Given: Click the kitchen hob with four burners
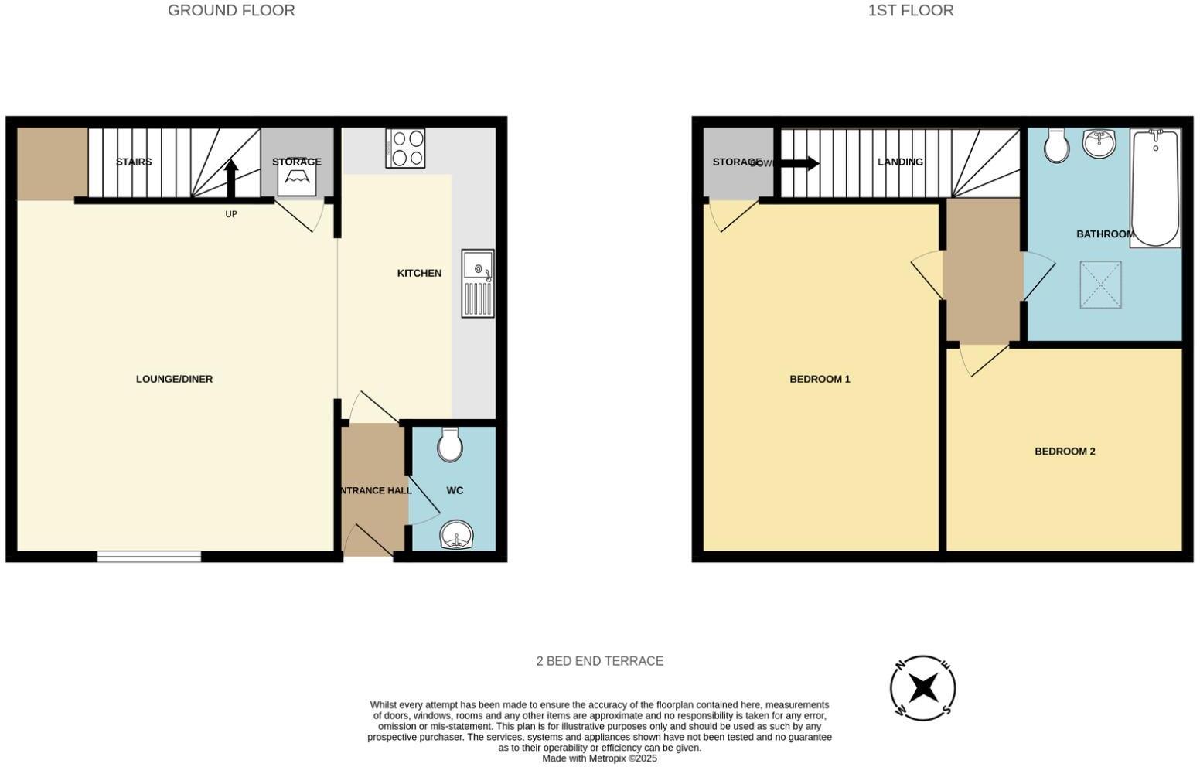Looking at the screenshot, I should tap(405, 148).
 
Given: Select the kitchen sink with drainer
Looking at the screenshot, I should tap(478, 283).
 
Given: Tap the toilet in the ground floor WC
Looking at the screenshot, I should tap(449, 445).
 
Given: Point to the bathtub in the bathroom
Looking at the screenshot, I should tap(1155, 188).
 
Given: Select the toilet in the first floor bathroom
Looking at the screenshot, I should tap(1056, 145).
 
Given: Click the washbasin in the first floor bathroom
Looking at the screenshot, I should tap(1099, 143).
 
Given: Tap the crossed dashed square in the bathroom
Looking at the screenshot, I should tap(1100, 285).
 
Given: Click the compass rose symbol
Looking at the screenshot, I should tap(922, 687).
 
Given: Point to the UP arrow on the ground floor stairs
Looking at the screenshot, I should tap(230, 179).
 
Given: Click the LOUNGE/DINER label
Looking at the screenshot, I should tap(174, 379).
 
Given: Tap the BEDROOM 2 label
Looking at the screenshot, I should tap(1065, 452).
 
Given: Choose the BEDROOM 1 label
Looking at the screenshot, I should tap(820, 379).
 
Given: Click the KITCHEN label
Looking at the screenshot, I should tap(419, 273).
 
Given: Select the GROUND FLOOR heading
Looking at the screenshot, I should tap(231, 11).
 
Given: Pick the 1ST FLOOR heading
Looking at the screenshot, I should tap(910, 11).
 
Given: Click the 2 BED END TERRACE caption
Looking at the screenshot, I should tap(599, 661).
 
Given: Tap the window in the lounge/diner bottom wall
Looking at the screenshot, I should tap(149, 556).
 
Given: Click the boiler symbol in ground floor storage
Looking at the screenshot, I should tap(297, 177).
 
